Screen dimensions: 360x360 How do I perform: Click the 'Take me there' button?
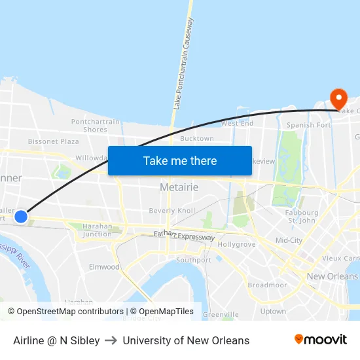click(180, 160)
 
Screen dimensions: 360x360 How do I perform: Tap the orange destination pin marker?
click(338, 99)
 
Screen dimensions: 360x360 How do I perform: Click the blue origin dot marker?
click(21, 216)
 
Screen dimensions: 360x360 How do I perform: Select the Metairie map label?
click(179, 187)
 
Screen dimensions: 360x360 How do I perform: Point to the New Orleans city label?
click(333, 276)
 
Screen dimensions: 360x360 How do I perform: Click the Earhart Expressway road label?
click(184, 236)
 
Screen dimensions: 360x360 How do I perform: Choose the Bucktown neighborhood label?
click(196, 139)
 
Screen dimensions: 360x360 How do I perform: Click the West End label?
click(237, 123)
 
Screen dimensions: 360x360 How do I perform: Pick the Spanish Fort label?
click(309, 125)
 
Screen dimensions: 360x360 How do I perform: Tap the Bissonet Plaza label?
click(53, 141)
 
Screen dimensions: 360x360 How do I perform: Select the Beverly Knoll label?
click(172, 211)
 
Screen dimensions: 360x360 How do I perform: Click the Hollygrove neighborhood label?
click(237, 244)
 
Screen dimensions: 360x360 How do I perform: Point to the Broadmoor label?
click(267, 285)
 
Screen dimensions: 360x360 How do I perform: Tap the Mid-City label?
click(289, 240)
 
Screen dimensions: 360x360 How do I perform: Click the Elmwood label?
click(104, 267)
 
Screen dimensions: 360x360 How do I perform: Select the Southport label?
click(194, 260)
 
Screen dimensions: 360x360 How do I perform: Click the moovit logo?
click(321, 340)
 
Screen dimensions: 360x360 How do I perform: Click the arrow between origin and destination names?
click(111, 340)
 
